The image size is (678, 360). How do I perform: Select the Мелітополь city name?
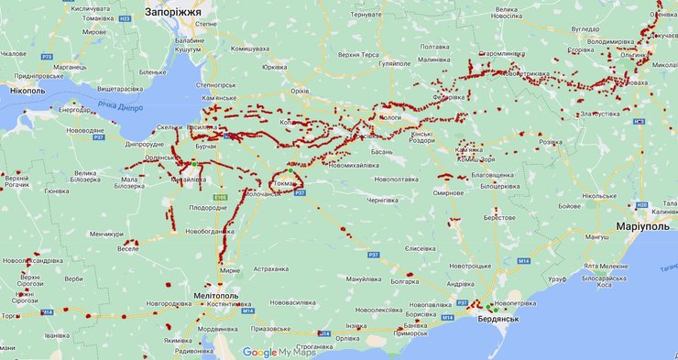click(x=217, y=296)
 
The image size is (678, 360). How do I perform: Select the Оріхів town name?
click(x=300, y=92)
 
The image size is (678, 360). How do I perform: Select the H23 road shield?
click(x=125, y=17)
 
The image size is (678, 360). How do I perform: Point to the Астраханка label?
click(x=270, y=268)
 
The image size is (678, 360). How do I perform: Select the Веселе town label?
click(x=128, y=248)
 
